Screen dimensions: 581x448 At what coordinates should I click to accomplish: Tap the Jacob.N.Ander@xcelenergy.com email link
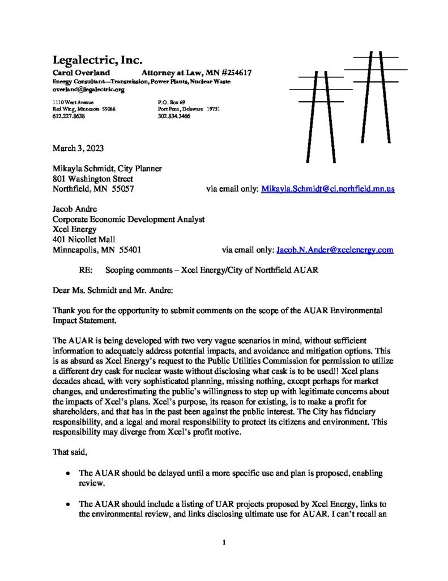334,250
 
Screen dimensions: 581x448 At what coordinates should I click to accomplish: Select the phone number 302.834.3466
174,116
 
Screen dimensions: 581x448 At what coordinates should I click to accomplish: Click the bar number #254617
237,73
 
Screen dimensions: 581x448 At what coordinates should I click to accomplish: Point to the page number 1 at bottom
224,542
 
